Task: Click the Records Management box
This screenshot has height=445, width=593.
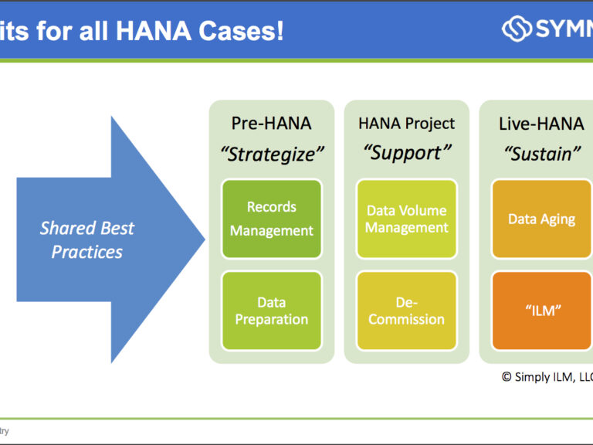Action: (x=271, y=219)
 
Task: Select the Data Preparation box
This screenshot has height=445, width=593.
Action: (x=271, y=311)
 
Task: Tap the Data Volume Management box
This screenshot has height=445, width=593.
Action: (x=406, y=219)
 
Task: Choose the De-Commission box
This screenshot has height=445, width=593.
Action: (x=406, y=311)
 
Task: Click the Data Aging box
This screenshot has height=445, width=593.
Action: (x=541, y=219)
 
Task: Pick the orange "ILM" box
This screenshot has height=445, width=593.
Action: (x=541, y=311)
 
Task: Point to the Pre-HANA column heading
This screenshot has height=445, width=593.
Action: (x=271, y=124)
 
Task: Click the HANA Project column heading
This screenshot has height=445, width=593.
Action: (x=406, y=124)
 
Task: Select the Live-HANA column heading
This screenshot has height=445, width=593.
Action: (x=541, y=124)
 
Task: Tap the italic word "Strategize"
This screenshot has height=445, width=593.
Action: (x=271, y=154)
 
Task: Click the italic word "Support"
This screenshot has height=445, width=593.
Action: (x=406, y=153)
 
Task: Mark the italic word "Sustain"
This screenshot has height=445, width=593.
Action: (x=541, y=154)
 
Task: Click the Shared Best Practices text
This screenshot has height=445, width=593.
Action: (x=87, y=239)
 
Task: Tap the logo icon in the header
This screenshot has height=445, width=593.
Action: (x=517, y=29)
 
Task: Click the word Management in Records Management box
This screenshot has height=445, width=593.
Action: (x=271, y=230)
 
